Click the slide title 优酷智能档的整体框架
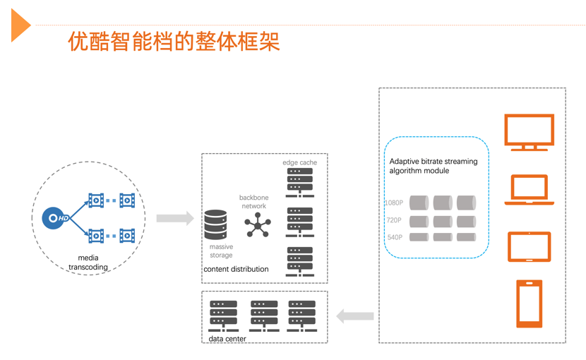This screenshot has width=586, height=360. pos(174,41)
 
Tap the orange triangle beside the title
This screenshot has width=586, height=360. pos(20,25)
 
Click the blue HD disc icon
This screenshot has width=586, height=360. pos(54,218)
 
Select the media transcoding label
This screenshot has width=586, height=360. pos(88,263)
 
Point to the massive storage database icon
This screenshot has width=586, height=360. pos(215,225)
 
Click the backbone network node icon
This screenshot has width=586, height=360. pos(258,226)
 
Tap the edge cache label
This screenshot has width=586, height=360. pos(300,162)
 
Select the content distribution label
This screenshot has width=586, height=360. pos(236,269)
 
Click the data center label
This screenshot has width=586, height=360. pos(227,339)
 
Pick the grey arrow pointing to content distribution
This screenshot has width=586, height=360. pos(174,218)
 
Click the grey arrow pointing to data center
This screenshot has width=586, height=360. pos(355,316)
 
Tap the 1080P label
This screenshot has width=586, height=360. pos(394,203)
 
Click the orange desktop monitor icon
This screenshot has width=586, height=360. pos(529,132)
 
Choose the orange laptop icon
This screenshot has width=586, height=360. pos(529,190)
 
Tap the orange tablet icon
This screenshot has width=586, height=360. pos(529,247)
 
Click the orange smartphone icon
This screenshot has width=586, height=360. pos(530,304)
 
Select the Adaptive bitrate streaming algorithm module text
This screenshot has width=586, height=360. pos(433,166)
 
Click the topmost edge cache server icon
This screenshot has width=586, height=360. pos(300,183)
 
